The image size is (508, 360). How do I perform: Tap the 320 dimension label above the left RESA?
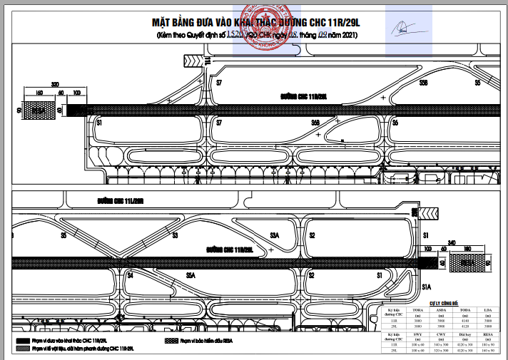[55, 83]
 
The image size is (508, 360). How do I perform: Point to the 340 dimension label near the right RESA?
[451, 242]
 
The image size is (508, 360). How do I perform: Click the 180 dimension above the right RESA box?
[469, 249]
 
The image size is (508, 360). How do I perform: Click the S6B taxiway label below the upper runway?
[315, 123]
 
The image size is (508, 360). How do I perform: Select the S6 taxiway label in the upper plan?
[394, 123]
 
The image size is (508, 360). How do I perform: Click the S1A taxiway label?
[427, 287]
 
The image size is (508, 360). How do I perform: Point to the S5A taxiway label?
[190, 274]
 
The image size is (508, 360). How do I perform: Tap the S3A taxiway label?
[274, 235]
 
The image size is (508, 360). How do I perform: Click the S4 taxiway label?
[131, 274]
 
